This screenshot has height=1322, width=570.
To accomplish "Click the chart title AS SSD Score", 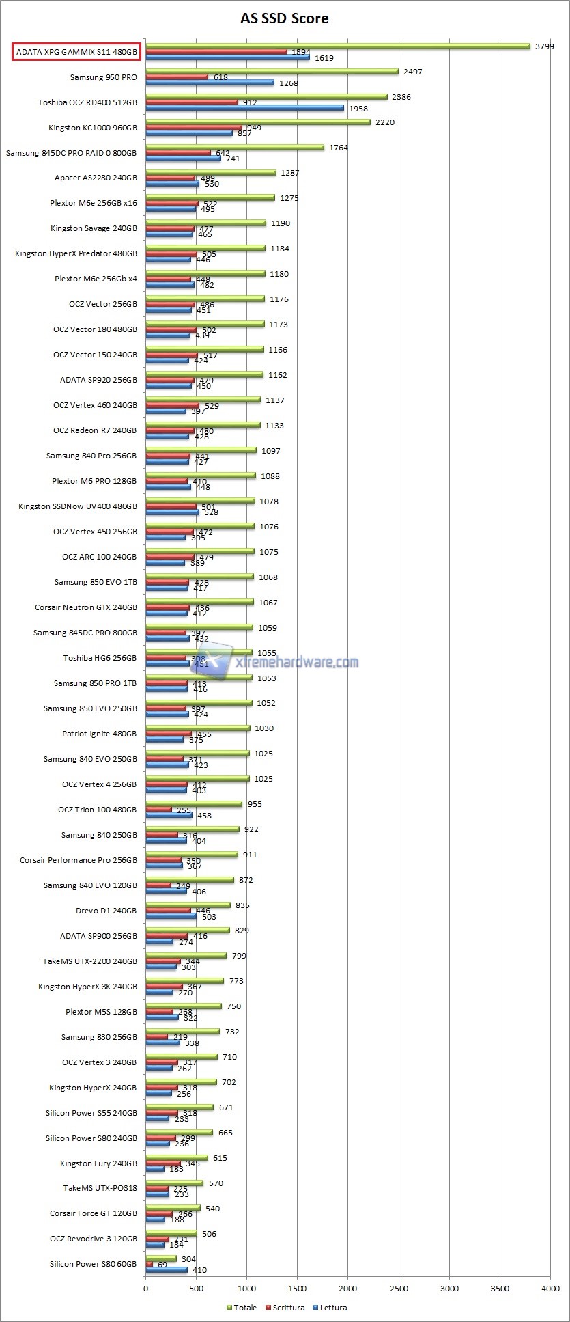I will pyautogui.click(x=284, y=18).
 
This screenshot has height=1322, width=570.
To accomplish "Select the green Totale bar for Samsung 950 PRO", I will pyautogui.click(x=272, y=71).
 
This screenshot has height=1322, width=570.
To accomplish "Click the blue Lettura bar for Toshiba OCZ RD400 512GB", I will pyautogui.click(x=244, y=108).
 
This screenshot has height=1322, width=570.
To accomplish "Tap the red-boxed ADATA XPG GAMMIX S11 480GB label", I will pyautogui.click(x=76, y=52).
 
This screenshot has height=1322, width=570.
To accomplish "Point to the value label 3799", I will pyautogui.click(x=545, y=46).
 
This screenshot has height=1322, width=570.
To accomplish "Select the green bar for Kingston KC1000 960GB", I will pyautogui.click(x=257, y=122).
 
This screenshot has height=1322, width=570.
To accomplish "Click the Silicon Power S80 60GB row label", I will pyautogui.click(x=93, y=1264).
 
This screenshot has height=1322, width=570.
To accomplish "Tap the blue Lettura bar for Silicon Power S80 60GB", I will pyautogui.click(x=166, y=1270).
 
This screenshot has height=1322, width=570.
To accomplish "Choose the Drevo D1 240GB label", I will pyautogui.click(x=106, y=911).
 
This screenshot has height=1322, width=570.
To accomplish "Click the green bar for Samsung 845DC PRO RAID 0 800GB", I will pyautogui.click(x=234, y=148).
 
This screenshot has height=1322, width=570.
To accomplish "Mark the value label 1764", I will pyautogui.click(x=338, y=148).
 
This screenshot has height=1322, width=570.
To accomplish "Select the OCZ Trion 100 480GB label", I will pyautogui.click(x=97, y=810).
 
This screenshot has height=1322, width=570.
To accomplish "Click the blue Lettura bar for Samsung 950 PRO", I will pyautogui.click(x=210, y=83).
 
